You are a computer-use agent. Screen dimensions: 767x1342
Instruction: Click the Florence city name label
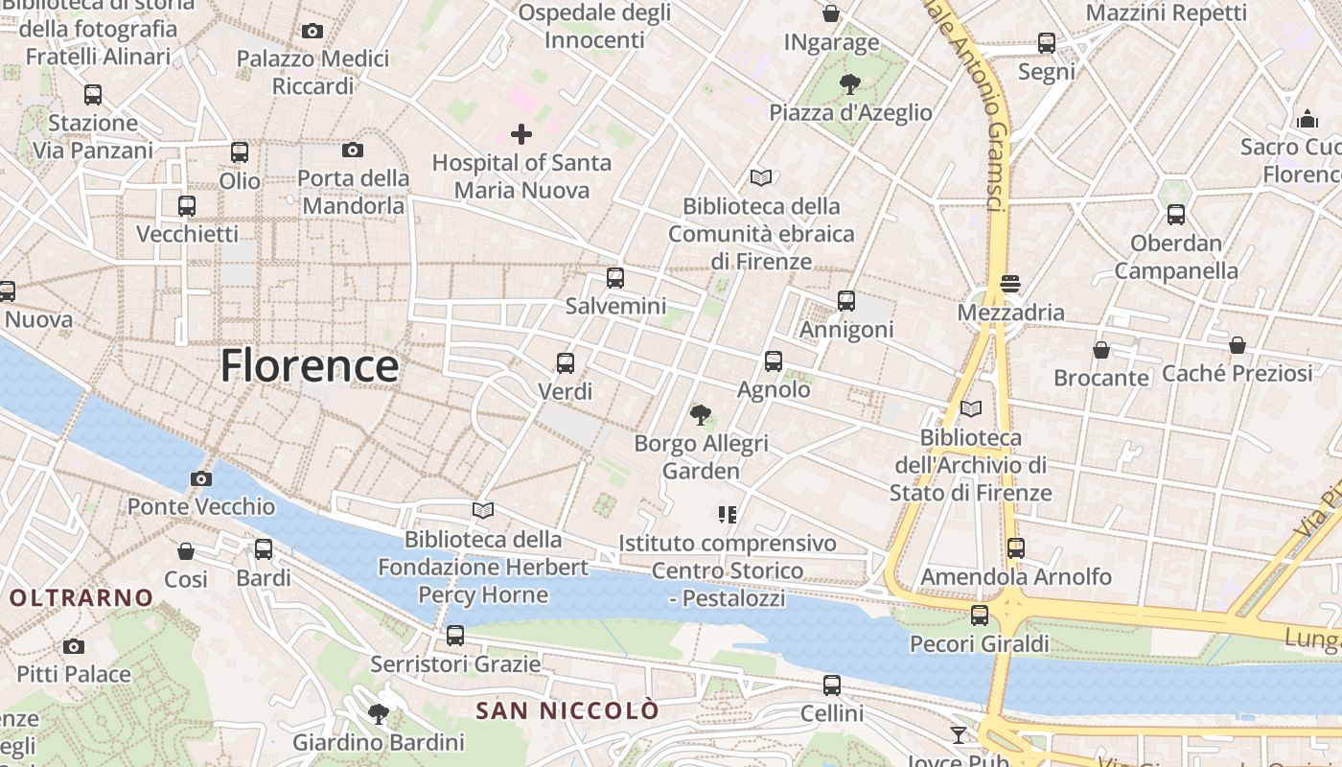coord(310,366)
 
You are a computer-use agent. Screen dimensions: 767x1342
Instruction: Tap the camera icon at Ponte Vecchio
coord(201,478)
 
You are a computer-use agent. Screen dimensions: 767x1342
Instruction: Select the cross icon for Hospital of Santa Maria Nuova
coord(521,133)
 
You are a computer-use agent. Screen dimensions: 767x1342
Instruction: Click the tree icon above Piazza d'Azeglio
coord(849,84)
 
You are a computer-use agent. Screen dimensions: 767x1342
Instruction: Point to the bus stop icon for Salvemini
coord(615,278)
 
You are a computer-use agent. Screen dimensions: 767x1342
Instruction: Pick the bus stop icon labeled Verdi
coord(566,363)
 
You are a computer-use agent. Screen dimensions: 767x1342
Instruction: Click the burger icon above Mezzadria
coord(1009,284)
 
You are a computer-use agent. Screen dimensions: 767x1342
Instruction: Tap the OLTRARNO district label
coord(81,598)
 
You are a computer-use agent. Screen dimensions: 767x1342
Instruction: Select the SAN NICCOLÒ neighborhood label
coord(567,710)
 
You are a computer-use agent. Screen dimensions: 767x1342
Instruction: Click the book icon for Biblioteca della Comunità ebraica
coord(761,177)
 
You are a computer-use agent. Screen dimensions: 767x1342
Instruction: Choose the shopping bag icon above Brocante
coord(1101,350)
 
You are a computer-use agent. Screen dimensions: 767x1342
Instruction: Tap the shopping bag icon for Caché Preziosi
coord(1238,345)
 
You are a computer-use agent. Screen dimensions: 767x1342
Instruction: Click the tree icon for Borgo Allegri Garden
coord(701,415)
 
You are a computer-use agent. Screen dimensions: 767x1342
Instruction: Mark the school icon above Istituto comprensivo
coord(728,515)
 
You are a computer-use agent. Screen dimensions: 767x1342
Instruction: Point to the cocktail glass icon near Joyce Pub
coord(958,735)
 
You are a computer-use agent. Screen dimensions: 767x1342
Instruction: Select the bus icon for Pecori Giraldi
coord(980,616)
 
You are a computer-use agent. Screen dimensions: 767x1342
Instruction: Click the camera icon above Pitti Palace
coord(74,646)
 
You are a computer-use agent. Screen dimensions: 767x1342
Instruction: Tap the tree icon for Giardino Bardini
coord(379,714)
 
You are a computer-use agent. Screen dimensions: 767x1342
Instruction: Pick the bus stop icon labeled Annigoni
coord(846,301)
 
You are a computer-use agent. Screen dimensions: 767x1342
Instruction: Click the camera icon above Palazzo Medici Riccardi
coord(312,32)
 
